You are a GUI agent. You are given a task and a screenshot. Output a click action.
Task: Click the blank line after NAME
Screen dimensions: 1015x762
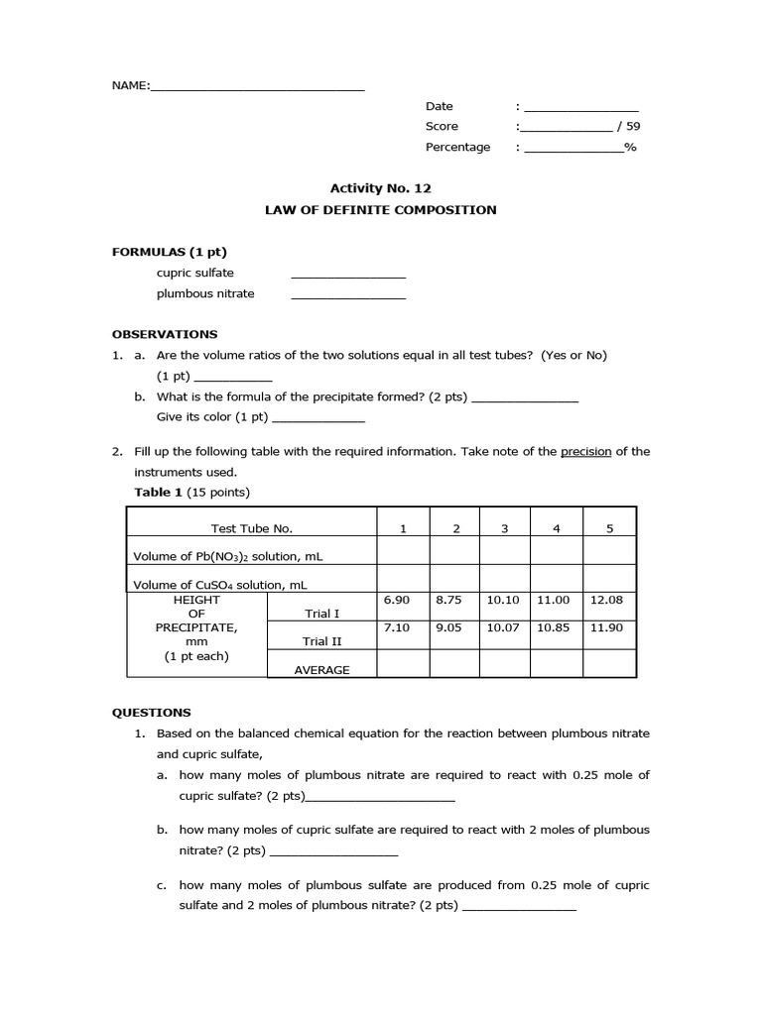point(257,88)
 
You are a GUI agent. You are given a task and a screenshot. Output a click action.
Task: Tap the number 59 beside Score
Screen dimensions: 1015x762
point(632,127)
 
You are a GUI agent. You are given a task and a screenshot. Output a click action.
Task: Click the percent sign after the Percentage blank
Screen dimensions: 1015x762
point(630,148)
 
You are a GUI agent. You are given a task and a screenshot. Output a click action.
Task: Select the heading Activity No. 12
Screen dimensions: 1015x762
point(380,187)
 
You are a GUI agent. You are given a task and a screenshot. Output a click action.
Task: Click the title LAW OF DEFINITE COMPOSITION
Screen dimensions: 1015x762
point(380,210)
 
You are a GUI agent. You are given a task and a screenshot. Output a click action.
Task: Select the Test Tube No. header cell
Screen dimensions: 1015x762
point(251,529)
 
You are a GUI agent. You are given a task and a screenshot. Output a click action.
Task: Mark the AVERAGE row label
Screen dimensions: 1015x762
point(321,670)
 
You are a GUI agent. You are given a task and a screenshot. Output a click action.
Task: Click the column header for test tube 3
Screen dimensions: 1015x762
point(504,529)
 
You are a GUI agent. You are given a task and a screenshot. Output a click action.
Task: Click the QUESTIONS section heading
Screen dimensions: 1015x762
point(151,712)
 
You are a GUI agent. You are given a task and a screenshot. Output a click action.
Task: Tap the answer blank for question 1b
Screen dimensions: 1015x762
point(333,853)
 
